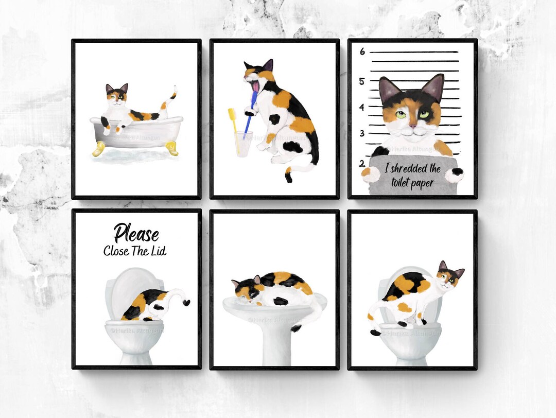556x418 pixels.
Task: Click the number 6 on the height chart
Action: click(x=362, y=51)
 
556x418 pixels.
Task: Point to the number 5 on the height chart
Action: click(x=362, y=81)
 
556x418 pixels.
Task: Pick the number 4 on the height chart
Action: click(x=362, y=108)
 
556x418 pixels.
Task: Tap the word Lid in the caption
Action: click(x=158, y=251)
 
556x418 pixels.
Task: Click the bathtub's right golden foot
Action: click(x=172, y=150)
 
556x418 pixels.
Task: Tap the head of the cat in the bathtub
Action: click(x=116, y=95)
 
